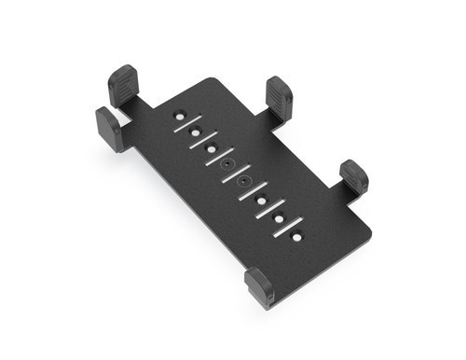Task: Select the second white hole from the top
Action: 195,132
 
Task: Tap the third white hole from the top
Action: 212,147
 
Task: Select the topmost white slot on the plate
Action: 187,124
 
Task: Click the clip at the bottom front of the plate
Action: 259,287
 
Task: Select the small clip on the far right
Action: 354,176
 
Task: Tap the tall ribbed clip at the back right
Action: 280,98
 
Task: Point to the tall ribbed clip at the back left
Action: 123,86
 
